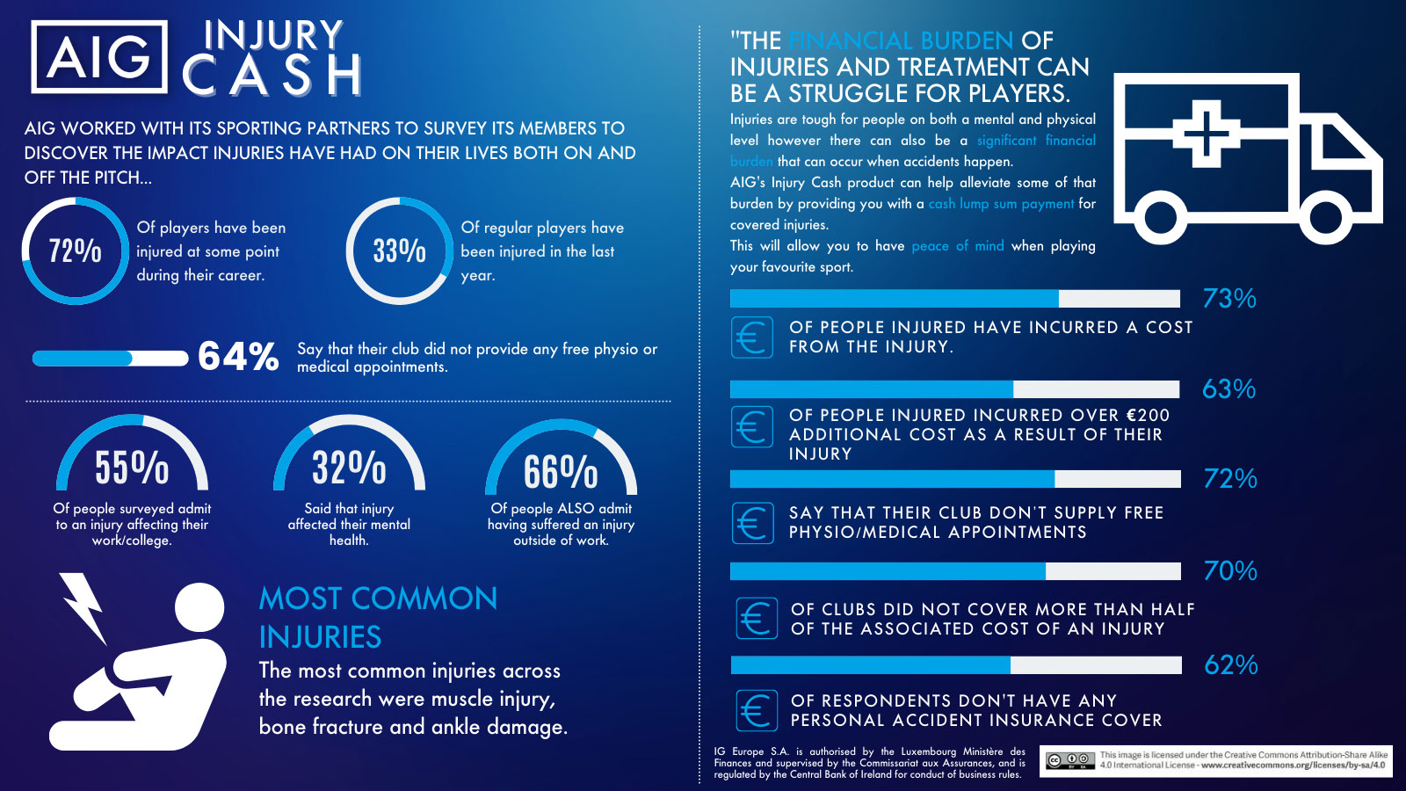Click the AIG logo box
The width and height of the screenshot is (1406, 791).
[x=99, y=57]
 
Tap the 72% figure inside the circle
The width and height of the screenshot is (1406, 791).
[x=76, y=250]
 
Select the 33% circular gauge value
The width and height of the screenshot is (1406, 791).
[x=400, y=250]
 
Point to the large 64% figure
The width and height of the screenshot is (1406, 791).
[x=238, y=357]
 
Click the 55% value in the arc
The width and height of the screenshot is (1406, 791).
[x=132, y=467]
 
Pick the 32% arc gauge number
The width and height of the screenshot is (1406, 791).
[x=349, y=467]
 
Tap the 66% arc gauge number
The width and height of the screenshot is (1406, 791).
[x=561, y=471]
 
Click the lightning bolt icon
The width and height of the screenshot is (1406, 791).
[x=84, y=606]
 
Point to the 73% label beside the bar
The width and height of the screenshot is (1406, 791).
[x=1229, y=299]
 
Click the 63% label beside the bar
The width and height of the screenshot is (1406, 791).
[x=1228, y=388]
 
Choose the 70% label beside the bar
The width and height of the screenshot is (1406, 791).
[x=1230, y=570]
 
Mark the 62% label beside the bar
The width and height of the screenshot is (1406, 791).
[x=1230, y=664]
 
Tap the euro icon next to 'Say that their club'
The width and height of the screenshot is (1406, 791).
[x=753, y=523]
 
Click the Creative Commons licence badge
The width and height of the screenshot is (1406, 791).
[x=1069, y=760]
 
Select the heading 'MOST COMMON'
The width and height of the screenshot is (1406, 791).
[x=378, y=599]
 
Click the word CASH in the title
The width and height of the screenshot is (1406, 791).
[x=272, y=75]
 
